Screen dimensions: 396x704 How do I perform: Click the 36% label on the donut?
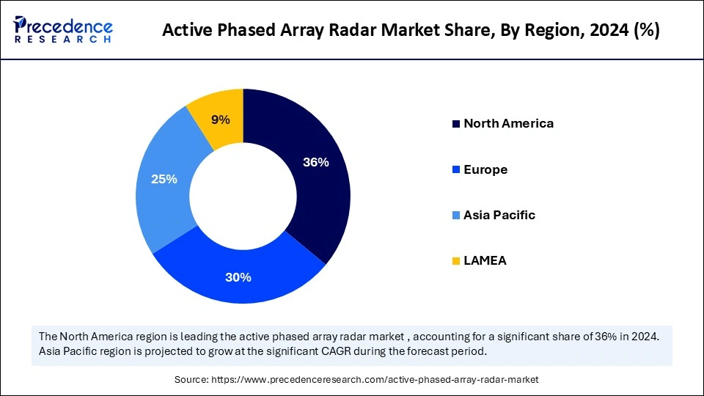[315, 163]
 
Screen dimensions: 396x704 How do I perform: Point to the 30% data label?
[239, 277]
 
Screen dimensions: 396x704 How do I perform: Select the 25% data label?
[164, 178]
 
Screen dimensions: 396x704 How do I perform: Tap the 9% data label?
[221, 120]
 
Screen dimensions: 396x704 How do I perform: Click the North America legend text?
[508, 123]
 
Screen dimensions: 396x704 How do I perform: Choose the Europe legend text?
[485, 169]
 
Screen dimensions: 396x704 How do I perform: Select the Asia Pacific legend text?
[499, 215]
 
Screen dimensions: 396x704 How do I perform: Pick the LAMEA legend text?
[485, 260]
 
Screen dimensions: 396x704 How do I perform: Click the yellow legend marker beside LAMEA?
[455, 260]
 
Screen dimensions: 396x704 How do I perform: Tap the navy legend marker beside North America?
[455, 123]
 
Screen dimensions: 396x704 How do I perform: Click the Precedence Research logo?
[63, 29]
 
